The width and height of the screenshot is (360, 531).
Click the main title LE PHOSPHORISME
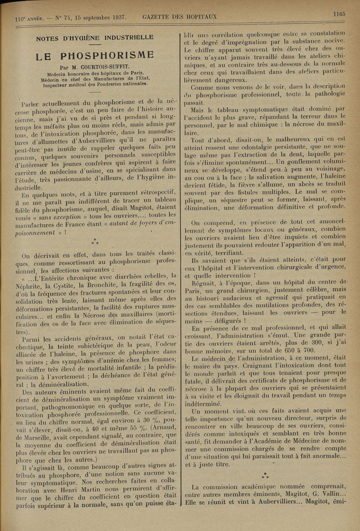pos(95,56)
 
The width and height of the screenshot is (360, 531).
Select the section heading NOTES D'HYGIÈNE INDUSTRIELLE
pos(94,37)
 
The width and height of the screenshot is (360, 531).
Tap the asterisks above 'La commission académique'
pos(266,474)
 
